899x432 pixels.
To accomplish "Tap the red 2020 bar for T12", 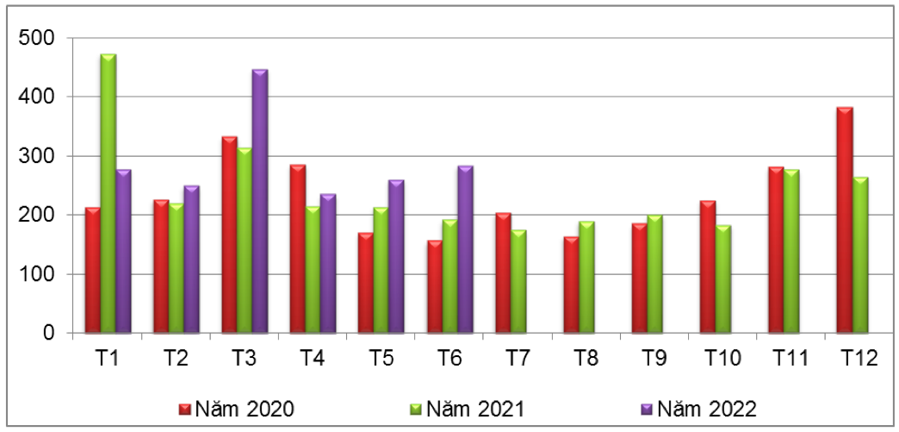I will click(844, 221).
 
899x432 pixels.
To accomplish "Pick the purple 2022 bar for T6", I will click(465, 249).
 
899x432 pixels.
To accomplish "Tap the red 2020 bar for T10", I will click(708, 267).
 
